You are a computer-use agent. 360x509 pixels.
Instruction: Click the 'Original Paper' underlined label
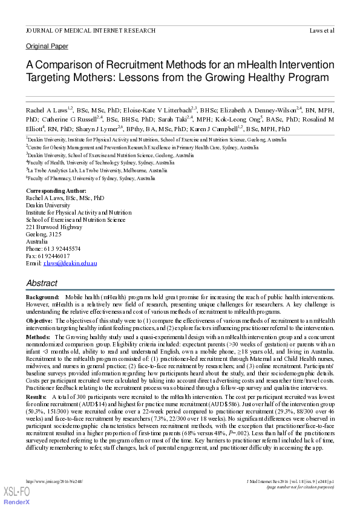click(47, 46)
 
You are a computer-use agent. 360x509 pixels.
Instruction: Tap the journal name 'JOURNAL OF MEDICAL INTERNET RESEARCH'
click(90, 30)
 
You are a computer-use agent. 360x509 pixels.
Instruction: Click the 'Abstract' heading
click(42, 283)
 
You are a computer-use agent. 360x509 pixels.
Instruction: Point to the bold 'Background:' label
click(42, 299)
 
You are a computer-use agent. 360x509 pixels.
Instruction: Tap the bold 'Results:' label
click(37, 396)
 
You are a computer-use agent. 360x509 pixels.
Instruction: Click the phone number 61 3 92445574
click(62, 248)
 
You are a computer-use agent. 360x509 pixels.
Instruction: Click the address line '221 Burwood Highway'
click(54, 227)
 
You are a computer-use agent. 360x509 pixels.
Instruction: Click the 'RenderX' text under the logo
click(16, 502)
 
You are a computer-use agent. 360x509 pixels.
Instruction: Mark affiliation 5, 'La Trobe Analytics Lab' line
click(90, 170)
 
